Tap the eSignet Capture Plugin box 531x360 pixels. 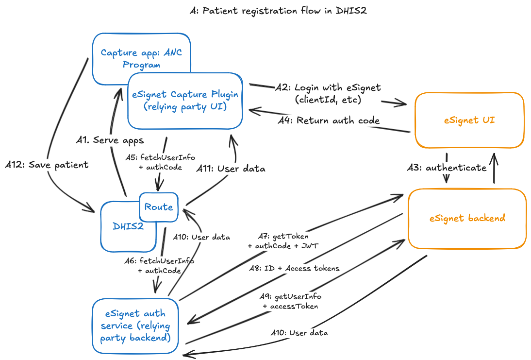(x=185, y=101)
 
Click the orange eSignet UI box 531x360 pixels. (x=469, y=120)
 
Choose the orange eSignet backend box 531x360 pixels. (x=467, y=218)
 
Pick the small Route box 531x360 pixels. (x=159, y=207)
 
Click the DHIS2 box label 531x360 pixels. (x=128, y=226)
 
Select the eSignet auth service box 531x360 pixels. (x=135, y=326)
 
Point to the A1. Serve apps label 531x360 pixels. (x=110, y=140)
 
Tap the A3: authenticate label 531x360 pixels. (x=447, y=168)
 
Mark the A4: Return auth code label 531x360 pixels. (x=329, y=120)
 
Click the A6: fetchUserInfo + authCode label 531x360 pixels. (x=159, y=265)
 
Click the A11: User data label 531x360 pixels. (x=231, y=169)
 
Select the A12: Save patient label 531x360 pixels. (x=47, y=165)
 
